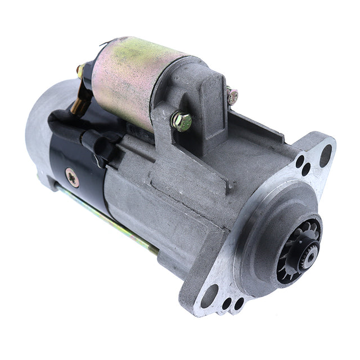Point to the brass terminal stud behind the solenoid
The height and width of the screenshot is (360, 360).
(82, 70)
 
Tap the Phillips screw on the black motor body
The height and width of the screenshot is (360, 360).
(70, 174)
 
